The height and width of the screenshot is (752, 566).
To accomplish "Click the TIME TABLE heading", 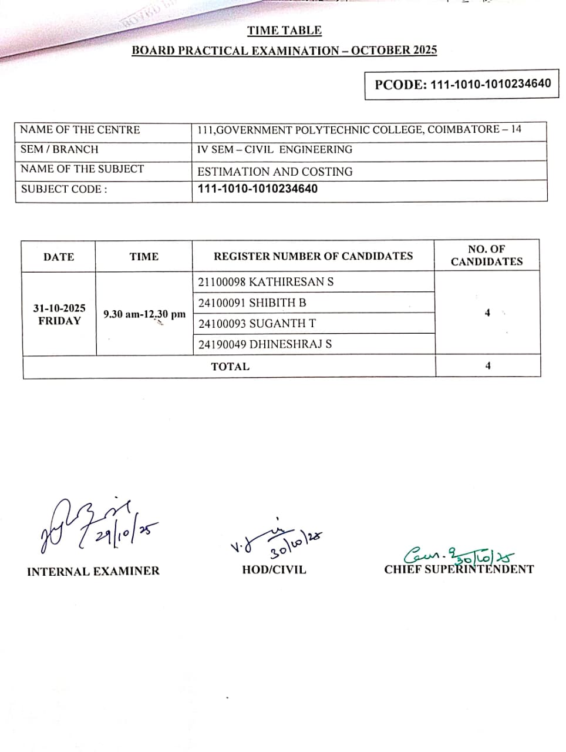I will (284, 31).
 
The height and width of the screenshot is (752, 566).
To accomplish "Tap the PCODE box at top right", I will (462, 84).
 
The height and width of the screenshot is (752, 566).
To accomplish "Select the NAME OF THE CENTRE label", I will (80, 130).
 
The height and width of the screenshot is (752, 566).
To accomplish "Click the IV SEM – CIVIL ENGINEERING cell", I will (275, 149).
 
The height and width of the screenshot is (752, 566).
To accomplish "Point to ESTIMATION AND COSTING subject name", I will (275, 172).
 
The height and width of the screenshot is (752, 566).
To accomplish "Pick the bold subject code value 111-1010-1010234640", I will (258, 189).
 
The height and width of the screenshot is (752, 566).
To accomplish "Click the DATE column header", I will (59, 257).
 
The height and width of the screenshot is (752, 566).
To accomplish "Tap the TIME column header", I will (144, 257).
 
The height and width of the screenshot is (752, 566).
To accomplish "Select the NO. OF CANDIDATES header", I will (487, 256).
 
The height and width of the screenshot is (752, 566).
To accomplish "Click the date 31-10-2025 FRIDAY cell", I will (59, 314).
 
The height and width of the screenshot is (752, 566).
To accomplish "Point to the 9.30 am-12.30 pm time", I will (144, 314).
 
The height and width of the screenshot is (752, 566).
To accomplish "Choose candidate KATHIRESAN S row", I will (266, 282).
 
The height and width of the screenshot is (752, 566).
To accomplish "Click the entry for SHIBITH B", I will (252, 303).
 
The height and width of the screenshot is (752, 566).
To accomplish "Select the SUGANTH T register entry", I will (257, 324).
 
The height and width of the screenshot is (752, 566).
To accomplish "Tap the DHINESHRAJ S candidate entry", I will (265, 344).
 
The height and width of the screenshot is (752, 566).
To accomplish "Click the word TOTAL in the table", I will (230, 367).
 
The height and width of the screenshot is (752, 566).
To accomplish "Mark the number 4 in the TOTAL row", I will (488, 366).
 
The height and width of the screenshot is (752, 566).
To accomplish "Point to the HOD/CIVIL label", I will (274, 569).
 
